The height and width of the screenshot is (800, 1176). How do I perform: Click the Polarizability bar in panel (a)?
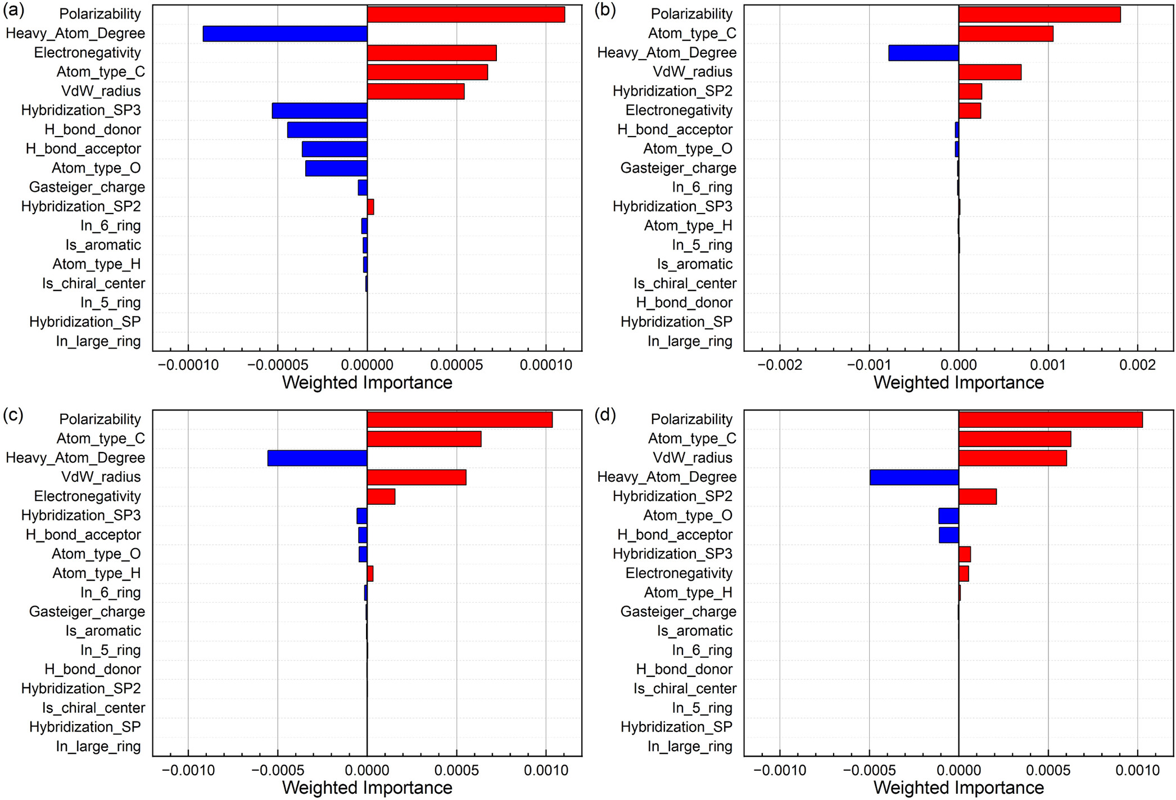(465, 15)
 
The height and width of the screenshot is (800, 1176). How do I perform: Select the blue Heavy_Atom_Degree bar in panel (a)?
(285, 34)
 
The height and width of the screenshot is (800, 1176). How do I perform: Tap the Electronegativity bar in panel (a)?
(432, 53)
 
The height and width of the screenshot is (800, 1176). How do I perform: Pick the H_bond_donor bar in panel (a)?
(327, 130)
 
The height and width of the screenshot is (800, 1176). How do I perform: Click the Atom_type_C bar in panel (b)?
(1006, 34)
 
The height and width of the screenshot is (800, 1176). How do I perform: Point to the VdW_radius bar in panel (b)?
(990, 73)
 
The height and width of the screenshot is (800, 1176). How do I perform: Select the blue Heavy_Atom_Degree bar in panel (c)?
(317, 458)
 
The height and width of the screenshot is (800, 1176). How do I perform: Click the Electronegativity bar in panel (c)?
(381, 496)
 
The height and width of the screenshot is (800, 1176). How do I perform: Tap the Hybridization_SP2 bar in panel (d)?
(978, 496)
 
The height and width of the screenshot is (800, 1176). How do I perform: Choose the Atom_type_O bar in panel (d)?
(948, 516)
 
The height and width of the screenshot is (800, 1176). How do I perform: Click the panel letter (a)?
(13, 10)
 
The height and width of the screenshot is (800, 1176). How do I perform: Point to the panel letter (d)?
(605, 415)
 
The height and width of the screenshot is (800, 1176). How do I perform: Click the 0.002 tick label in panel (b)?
(1137, 365)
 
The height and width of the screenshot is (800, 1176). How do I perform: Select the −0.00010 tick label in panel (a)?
(188, 365)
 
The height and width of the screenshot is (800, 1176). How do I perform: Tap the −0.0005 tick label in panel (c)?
(277, 770)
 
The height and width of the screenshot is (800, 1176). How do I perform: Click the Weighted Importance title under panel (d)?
(958, 788)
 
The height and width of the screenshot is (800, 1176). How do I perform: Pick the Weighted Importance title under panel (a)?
(367, 383)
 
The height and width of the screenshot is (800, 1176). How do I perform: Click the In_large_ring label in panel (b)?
(690, 341)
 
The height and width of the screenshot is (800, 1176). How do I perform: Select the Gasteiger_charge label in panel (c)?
(87, 612)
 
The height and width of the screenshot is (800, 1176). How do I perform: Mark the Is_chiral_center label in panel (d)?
(685, 689)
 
